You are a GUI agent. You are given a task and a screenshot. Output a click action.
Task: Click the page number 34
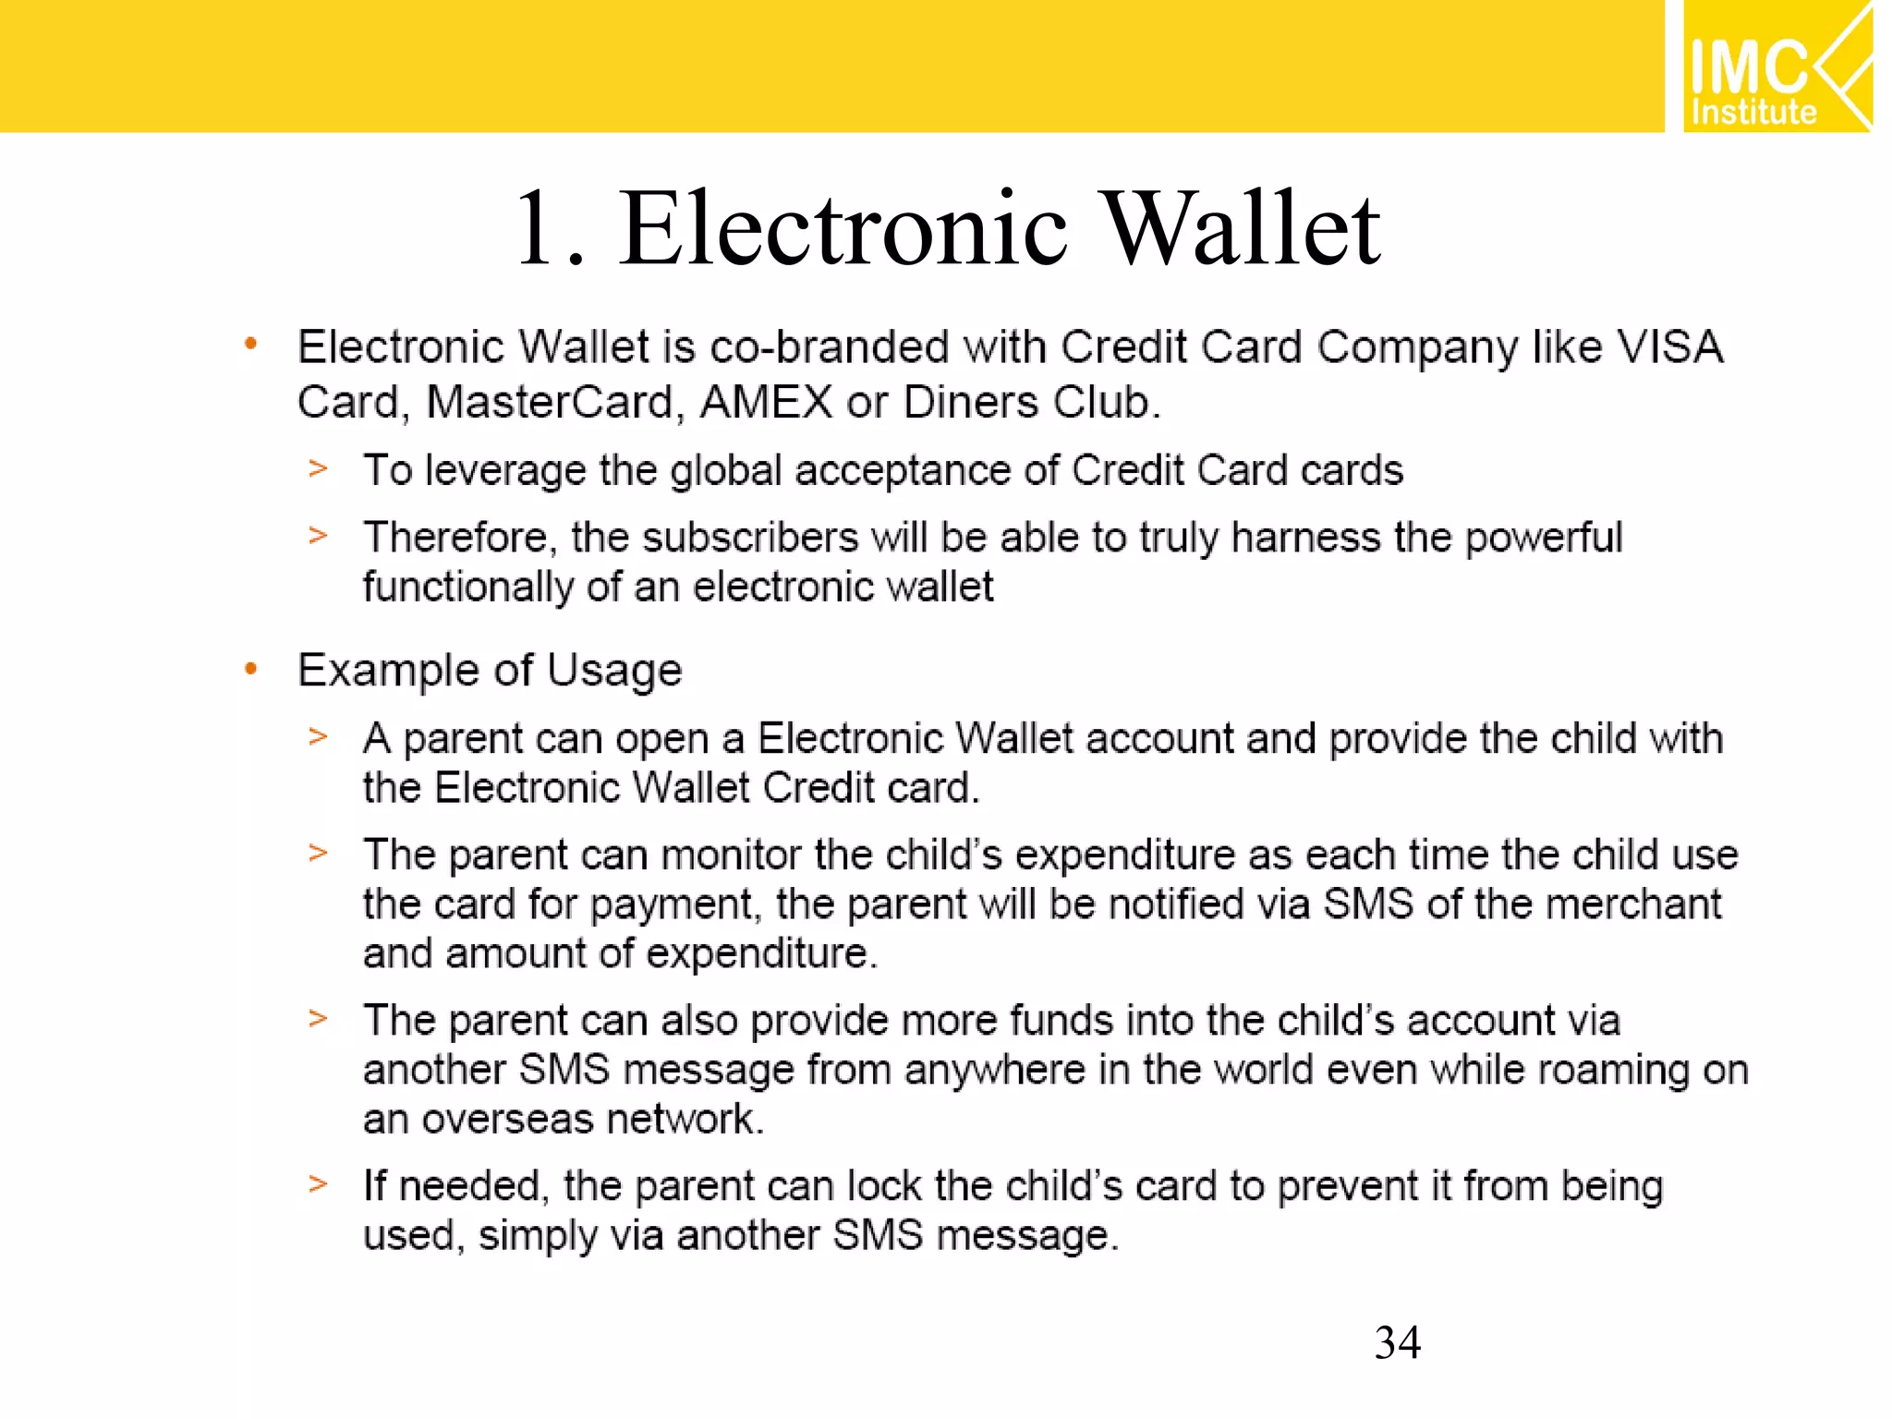tap(1397, 1342)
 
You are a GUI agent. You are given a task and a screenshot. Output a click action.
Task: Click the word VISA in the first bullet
tap(1669, 348)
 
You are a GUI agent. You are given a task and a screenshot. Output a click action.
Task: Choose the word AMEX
tap(766, 403)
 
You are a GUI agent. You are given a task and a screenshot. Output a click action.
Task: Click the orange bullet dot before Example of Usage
tap(250, 669)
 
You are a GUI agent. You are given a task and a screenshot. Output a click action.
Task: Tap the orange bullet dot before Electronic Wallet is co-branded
tap(250, 346)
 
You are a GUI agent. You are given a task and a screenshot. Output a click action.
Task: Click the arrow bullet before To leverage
tap(318, 469)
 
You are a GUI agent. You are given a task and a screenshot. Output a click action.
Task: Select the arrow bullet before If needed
tap(318, 1183)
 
